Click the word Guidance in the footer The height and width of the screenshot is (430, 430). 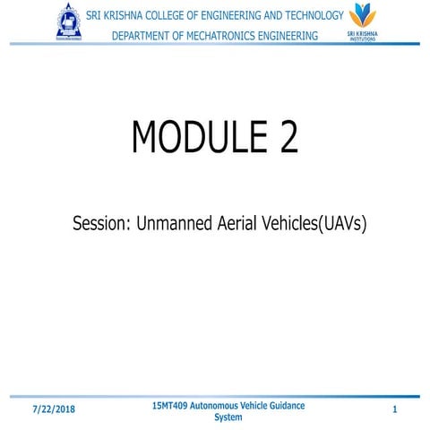(x=284, y=405)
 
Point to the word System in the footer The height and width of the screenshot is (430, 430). (x=228, y=417)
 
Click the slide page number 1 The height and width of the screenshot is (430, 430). (x=394, y=409)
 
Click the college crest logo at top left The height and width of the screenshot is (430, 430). (x=69, y=22)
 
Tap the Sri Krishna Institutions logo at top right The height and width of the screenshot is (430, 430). (x=362, y=21)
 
